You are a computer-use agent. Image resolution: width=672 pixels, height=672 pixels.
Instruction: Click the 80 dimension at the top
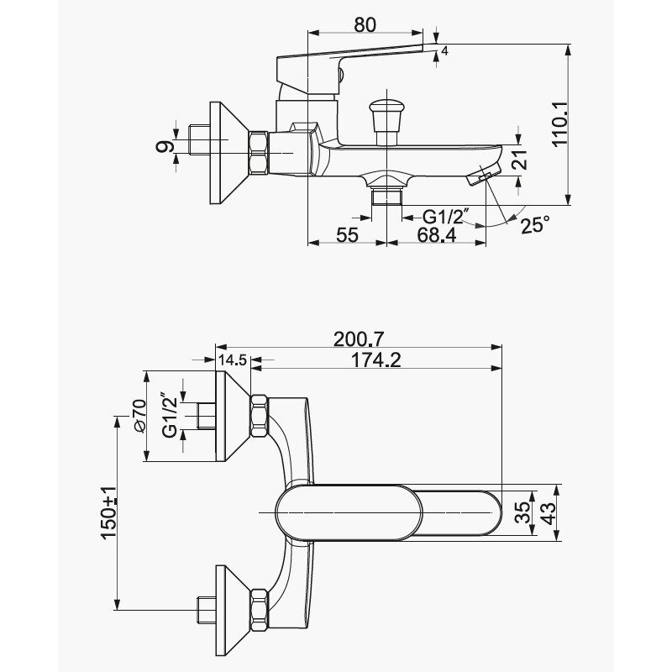365,25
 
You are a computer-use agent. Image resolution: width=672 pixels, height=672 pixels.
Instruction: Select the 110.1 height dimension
559,124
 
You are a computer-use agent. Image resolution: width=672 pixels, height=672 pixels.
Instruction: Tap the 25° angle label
535,224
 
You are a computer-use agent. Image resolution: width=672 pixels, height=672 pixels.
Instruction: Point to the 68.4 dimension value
436,234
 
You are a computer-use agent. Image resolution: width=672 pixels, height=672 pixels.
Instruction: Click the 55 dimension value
347,235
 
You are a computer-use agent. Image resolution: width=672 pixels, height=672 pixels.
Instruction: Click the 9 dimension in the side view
165,147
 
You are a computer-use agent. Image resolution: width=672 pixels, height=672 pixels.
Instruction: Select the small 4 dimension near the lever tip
444,51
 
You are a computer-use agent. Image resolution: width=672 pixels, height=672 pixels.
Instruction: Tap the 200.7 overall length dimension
359,339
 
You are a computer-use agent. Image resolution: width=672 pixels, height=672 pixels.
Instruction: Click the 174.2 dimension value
375,360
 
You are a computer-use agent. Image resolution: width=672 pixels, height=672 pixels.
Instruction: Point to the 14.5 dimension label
233,360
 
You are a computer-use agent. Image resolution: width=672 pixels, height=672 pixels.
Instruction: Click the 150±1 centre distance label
108,513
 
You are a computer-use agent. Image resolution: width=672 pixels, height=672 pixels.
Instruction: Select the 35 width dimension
522,512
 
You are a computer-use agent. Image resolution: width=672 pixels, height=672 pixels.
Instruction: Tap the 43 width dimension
549,512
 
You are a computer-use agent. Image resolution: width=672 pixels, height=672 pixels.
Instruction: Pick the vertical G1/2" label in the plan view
171,414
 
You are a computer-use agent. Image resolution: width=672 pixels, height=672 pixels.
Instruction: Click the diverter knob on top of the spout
386,121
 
